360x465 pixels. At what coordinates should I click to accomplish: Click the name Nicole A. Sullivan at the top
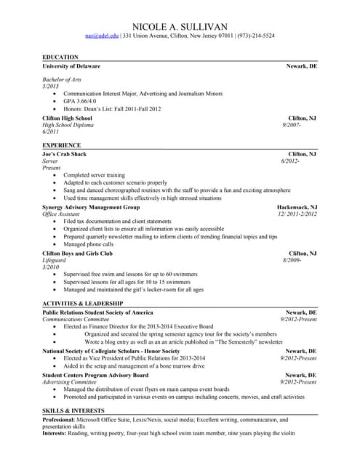coord(180,25)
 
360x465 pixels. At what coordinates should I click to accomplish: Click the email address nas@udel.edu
coord(101,36)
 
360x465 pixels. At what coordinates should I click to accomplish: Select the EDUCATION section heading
coord(60,57)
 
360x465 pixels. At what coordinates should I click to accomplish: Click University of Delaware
coord(71,66)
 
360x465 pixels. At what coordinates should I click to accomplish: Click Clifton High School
coord(67,118)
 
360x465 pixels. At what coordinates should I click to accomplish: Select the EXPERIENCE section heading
coord(62,145)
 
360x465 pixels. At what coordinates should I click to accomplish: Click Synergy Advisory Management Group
coord(91,207)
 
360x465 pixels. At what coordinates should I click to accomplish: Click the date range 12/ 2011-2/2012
coord(297,214)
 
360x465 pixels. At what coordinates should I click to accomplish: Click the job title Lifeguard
coord(55,260)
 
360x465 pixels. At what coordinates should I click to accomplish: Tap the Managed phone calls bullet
coord(88,244)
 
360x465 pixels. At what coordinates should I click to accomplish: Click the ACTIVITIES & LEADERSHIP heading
coord(83,303)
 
